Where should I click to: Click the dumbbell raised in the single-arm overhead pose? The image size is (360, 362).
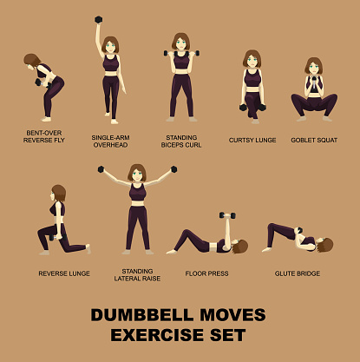(98, 20)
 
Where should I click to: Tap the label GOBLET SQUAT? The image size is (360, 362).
(314, 140)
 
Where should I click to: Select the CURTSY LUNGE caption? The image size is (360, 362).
(252, 140)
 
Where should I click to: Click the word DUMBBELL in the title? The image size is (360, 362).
(142, 315)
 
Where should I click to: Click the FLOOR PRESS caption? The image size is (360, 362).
(206, 273)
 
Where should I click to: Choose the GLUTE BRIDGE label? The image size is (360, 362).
(298, 273)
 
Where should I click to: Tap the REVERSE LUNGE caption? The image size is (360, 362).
(64, 273)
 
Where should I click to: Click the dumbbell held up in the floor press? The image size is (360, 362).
(227, 215)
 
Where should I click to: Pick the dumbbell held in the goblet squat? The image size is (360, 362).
(314, 82)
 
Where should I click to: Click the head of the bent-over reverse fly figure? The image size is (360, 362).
(32, 61)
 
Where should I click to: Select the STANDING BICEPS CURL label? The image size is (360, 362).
(181, 142)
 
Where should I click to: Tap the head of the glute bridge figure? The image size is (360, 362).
(325, 245)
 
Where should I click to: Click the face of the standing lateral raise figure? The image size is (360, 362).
(137, 174)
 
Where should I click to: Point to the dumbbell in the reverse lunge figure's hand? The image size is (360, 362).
(52, 237)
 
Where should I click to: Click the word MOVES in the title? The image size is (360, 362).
(232, 315)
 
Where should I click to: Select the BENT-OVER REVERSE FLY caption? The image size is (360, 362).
(44, 136)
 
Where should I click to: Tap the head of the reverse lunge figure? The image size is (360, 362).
(59, 194)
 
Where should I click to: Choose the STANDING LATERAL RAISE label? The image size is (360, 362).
(137, 275)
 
